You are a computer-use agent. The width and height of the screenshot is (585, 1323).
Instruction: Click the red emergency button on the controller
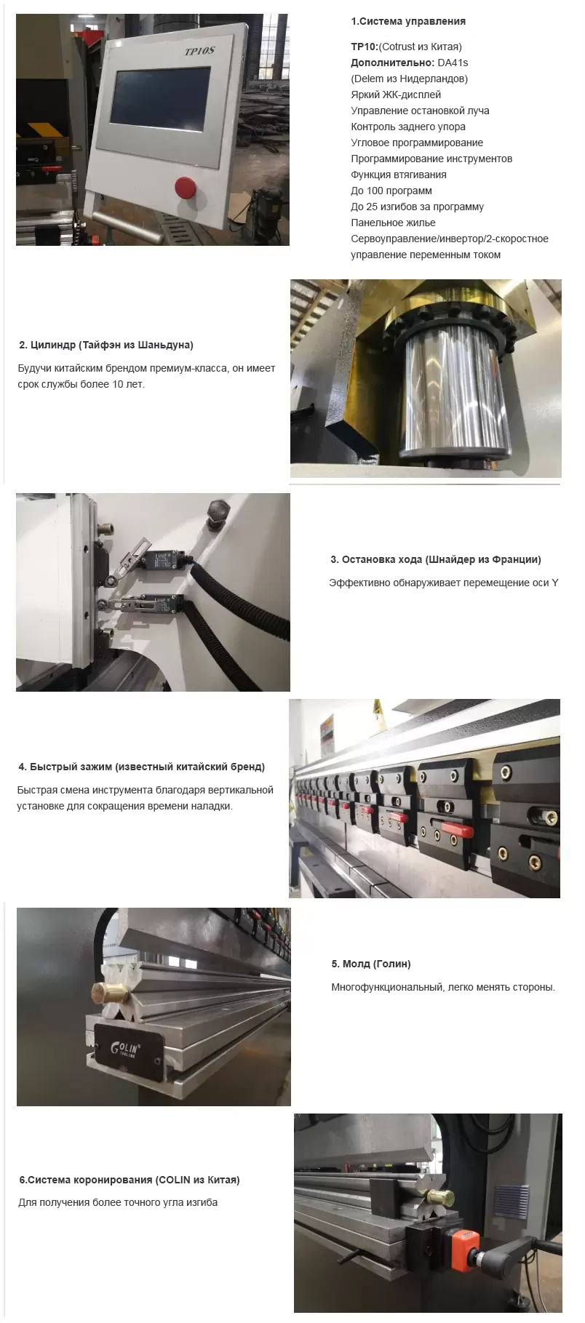[x=183, y=187]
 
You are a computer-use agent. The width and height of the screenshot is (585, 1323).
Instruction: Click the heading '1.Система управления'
[x=408, y=21]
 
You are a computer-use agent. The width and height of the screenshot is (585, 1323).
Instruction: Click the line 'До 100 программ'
[x=391, y=191]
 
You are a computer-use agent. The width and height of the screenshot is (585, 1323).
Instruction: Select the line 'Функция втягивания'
[x=399, y=175]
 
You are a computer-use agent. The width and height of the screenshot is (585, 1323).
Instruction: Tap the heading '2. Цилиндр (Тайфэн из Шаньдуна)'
[x=106, y=345]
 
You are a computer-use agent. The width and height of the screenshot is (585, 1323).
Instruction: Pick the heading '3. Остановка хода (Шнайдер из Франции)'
[x=436, y=559]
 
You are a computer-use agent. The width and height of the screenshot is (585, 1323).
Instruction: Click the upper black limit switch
[x=162, y=559]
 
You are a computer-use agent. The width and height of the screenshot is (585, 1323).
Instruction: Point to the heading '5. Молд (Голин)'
[x=371, y=964]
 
